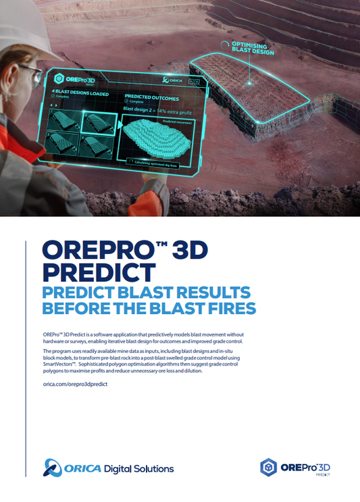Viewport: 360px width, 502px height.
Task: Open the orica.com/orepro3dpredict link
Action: tap(75, 384)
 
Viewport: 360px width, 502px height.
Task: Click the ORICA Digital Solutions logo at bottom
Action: tap(109, 468)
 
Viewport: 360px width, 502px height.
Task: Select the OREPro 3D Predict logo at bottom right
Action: tap(297, 468)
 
